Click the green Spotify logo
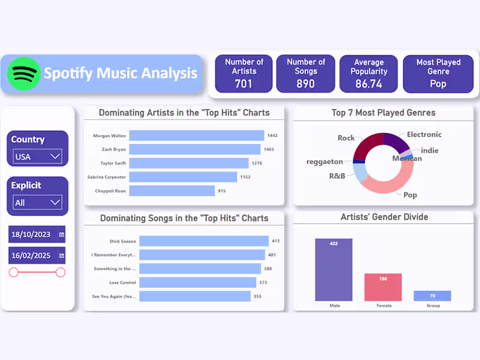[24, 74]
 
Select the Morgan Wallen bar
[196, 136]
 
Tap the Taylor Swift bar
[188, 163]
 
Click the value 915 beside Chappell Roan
[221, 191]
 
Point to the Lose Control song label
[122, 283]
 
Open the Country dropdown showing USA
[38, 157]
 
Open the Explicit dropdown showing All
[38, 202]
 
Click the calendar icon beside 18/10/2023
[61, 234]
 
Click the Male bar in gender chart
[334, 269]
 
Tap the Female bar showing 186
[383, 287]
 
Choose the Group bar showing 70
[432, 295]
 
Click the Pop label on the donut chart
[410, 195]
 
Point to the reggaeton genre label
[325, 162]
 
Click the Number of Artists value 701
[244, 83]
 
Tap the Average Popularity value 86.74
[368, 83]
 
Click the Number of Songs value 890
[305, 83]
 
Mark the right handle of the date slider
[60, 272]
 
